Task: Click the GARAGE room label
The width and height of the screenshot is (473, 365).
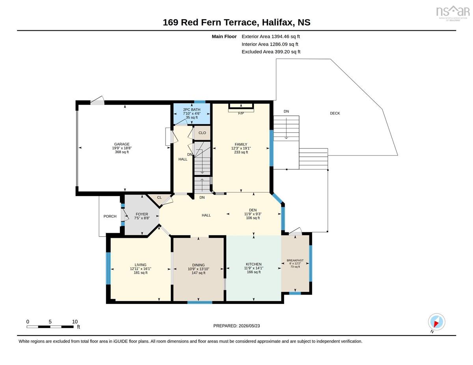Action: click(122, 144)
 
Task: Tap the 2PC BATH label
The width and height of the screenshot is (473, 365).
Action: click(192, 109)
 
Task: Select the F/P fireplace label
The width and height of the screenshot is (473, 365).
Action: click(241, 113)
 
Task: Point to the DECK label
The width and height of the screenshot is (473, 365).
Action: click(335, 113)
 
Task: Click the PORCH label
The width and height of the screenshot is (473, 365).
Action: click(110, 216)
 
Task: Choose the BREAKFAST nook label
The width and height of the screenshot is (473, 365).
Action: click(295, 260)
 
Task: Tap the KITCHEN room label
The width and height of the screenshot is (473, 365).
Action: click(253, 264)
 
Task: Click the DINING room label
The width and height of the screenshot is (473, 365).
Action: click(198, 265)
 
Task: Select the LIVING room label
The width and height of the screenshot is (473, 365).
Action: click(140, 265)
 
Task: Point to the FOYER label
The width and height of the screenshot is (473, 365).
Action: click(142, 214)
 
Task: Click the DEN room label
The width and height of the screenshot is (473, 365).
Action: click(253, 210)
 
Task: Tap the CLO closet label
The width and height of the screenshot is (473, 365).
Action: click(202, 133)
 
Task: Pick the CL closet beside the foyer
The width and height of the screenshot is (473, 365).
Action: click(159, 197)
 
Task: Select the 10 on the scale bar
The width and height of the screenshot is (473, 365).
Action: click(74, 322)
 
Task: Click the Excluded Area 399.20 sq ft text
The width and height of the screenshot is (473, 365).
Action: click(271, 52)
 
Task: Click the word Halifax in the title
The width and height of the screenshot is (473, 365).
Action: click(277, 22)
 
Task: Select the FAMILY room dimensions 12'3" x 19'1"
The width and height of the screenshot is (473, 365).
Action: click(241, 148)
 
